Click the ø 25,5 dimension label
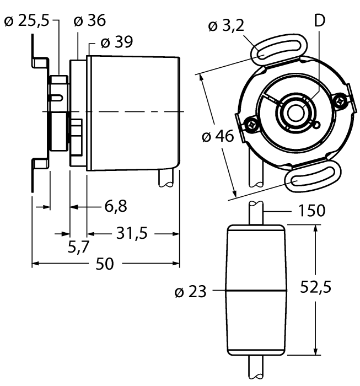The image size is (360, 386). click(26, 22)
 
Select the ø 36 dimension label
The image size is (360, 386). click(89, 22)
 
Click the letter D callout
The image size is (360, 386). click(319, 21)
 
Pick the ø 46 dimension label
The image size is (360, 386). click(218, 136)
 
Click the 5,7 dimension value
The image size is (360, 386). click(79, 246)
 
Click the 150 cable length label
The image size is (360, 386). click(311, 211)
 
